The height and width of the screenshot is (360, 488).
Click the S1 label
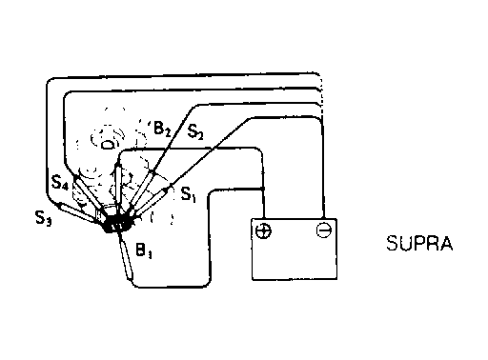[x=189, y=194]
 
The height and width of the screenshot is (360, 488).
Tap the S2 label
[x=195, y=131]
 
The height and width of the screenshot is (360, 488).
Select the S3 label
[x=43, y=218]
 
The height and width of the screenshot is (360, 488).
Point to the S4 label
[x=60, y=183]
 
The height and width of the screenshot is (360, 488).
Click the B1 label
[x=144, y=250]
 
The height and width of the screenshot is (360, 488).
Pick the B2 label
[x=162, y=129]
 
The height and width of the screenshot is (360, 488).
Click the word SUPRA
[x=419, y=244]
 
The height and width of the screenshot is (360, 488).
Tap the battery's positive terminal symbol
[x=263, y=231]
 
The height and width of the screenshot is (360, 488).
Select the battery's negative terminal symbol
[x=324, y=230]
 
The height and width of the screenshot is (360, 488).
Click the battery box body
[x=295, y=249]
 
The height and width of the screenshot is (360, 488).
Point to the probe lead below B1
[x=125, y=256]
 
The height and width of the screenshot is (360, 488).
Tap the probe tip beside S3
[x=59, y=205]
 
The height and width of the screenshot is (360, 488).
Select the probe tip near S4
[x=76, y=177]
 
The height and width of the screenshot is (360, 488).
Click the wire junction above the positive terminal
[x=263, y=189]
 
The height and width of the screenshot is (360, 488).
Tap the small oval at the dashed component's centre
[x=107, y=145]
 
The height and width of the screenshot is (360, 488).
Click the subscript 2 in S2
[x=199, y=135]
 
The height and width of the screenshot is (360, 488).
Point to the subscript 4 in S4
[x=65, y=186]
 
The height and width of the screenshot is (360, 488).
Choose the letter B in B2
[x=158, y=128]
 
